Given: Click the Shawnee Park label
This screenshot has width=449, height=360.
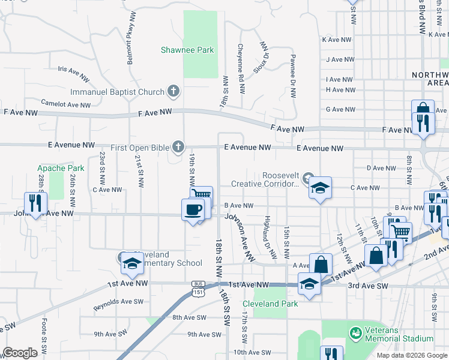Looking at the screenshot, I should [187, 50].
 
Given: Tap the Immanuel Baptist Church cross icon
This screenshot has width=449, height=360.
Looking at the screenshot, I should [173, 92].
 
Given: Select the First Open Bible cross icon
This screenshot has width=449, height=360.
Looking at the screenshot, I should [178, 146].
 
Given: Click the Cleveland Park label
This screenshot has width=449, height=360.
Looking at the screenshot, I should [271, 304].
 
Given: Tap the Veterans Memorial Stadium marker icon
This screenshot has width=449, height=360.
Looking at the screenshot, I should [356, 331].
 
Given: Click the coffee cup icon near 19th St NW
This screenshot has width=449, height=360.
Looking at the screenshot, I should [192, 209].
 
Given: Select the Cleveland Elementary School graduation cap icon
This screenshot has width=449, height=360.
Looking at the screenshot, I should [130, 263].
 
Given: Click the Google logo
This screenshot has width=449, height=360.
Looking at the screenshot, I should [19, 353].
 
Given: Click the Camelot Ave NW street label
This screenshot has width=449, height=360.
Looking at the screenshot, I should [66, 103].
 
